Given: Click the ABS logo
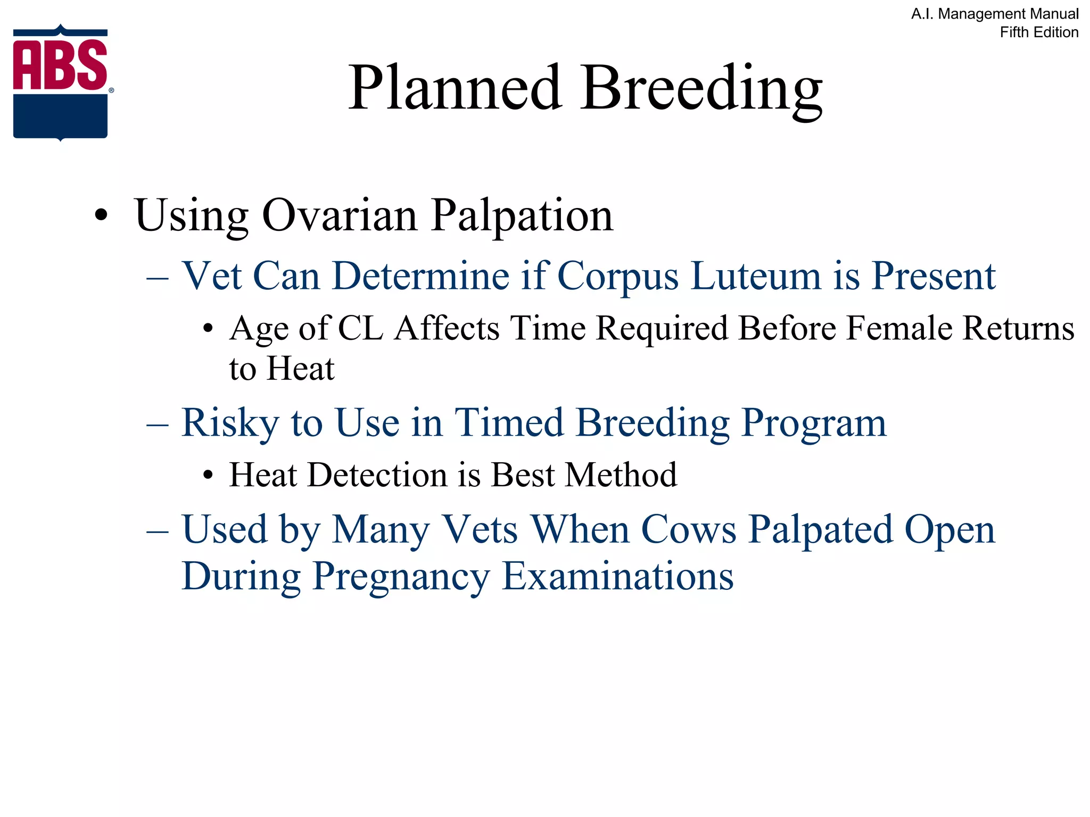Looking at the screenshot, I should click(61, 82).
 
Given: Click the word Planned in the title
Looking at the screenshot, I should click(456, 88).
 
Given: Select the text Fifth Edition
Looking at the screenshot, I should click(1038, 32).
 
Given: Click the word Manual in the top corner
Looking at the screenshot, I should click(1054, 14).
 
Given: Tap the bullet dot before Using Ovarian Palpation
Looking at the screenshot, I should click(101, 216).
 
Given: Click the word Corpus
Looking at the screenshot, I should click(617, 277).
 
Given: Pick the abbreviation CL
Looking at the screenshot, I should click(360, 328).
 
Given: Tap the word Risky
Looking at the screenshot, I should click(230, 423).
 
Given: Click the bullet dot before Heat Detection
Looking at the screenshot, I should click(208, 474).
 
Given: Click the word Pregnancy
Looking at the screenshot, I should click(401, 577).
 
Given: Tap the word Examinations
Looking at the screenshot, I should click(617, 576).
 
